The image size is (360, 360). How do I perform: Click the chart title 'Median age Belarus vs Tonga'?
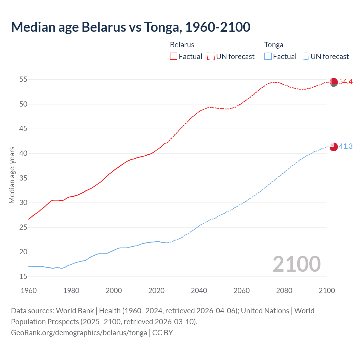click(x=130, y=27)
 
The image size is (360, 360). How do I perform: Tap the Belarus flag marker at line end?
click(x=334, y=82)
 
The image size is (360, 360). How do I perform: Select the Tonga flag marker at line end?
click(x=334, y=147)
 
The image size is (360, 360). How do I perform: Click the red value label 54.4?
click(x=346, y=82)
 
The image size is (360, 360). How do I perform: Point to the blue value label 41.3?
click(x=346, y=147)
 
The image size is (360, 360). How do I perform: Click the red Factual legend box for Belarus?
click(x=174, y=57)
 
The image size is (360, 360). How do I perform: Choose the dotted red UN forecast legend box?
click(x=211, y=57)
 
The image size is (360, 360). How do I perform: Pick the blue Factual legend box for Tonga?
click(x=268, y=57)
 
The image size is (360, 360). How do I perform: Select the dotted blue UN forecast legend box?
click(x=305, y=57)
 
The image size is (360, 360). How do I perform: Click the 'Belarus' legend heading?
click(x=182, y=45)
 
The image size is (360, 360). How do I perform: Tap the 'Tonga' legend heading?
click(x=274, y=45)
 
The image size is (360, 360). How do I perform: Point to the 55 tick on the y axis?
click(x=23, y=80)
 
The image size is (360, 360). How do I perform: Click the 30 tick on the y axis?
click(x=23, y=203)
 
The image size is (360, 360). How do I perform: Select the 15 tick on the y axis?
click(x=23, y=277)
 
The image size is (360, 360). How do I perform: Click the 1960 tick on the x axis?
click(x=29, y=291)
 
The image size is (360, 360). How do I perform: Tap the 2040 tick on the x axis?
click(x=199, y=291)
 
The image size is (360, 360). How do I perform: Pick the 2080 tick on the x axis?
click(x=284, y=291)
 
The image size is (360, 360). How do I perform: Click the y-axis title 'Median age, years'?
click(x=12, y=175)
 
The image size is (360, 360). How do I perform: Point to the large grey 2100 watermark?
click(x=296, y=264)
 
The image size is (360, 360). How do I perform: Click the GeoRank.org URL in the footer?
click(x=79, y=333)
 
